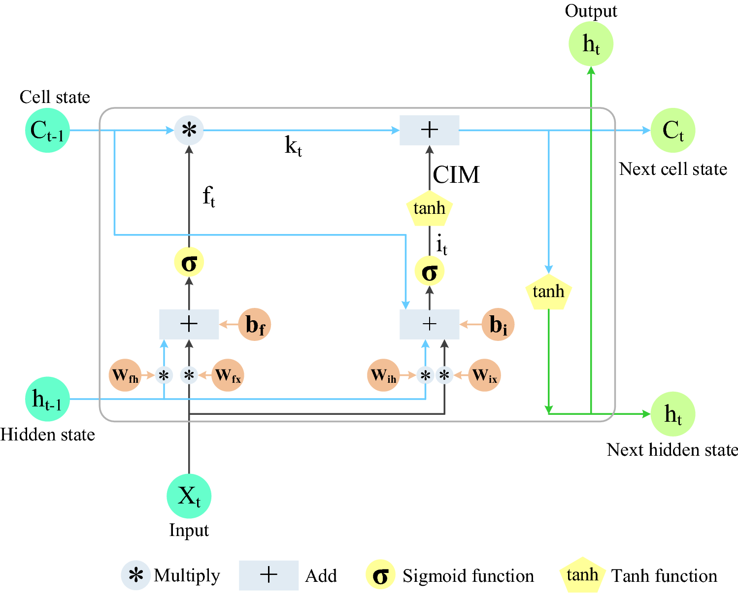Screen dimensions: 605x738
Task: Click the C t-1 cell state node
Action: click(x=47, y=131)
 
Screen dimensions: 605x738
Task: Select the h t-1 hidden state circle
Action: click(x=47, y=399)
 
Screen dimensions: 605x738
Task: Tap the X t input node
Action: click(x=189, y=496)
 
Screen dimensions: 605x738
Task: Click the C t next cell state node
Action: click(x=673, y=131)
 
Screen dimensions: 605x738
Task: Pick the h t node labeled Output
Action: click(x=591, y=44)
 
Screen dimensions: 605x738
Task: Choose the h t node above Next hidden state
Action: click(x=673, y=414)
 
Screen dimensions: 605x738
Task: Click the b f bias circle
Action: click(x=255, y=325)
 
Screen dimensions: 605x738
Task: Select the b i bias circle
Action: click(x=498, y=325)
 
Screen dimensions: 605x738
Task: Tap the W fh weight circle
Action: click(x=125, y=375)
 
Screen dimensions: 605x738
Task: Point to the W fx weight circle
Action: click(x=228, y=375)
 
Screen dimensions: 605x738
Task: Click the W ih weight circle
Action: click(x=383, y=375)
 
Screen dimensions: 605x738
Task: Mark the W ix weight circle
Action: click(x=485, y=375)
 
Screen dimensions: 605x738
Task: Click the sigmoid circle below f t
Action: click(x=189, y=263)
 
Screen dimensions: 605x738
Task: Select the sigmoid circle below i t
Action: click(x=430, y=271)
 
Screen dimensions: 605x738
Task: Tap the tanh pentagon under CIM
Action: click(x=430, y=208)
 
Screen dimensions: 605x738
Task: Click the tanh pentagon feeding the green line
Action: click(x=549, y=292)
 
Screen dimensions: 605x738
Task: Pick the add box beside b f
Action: click(x=189, y=324)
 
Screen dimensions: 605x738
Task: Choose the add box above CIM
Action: click(x=430, y=130)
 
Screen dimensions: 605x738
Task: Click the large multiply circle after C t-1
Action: click(x=189, y=131)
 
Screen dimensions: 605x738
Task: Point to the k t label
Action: click(x=293, y=146)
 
